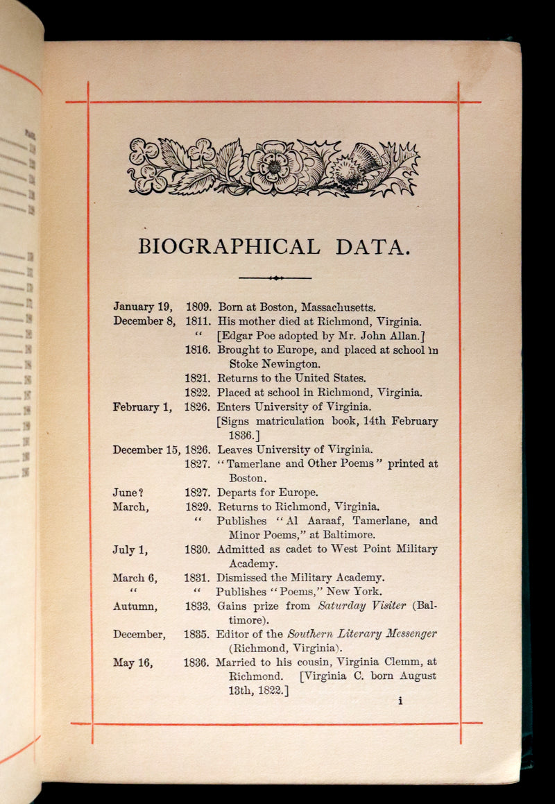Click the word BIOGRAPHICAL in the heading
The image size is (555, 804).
[x=230, y=246]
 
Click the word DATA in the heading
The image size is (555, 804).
[x=375, y=246]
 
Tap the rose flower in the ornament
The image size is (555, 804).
[x=275, y=166]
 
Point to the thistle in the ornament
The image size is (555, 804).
[x=355, y=166]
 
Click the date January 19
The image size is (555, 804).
[x=143, y=307]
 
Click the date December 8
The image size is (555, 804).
[x=144, y=321]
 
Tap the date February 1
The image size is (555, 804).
[x=142, y=407]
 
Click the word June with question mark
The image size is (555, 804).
[x=128, y=493]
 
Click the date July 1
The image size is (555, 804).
[x=130, y=549]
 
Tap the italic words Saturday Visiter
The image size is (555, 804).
[x=361, y=606]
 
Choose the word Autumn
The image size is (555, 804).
[x=135, y=606]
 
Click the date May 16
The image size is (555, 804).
[x=133, y=662]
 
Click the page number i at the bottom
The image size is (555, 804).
[x=400, y=701]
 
